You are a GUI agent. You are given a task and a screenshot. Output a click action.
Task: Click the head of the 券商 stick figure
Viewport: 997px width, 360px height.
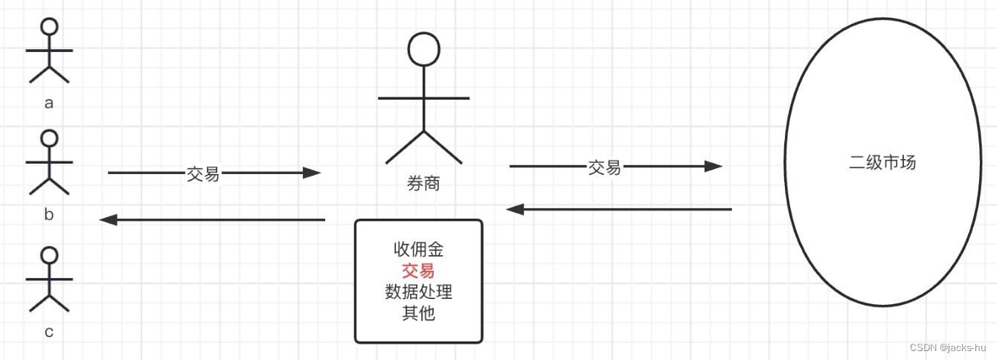(x=423, y=49)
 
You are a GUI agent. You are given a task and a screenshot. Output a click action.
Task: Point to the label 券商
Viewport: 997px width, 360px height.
(x=423, y=183)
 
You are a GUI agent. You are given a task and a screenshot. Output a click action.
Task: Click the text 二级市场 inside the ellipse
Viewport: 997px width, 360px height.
(x=882, y=162)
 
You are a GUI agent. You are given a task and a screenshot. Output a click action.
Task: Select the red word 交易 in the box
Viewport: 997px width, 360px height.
(x=418, y=271)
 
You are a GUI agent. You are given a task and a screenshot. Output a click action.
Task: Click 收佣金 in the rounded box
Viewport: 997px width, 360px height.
(x=418, y=249)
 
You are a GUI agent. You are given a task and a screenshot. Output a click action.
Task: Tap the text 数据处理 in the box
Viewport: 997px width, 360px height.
(x=418, y=292)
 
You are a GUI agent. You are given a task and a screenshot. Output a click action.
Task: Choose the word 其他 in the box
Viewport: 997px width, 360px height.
(x=418, y=313)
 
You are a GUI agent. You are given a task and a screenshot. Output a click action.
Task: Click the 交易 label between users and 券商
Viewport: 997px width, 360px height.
(x=202, y=174)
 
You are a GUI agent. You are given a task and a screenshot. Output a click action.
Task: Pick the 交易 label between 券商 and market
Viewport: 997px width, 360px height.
(x=604, y=167)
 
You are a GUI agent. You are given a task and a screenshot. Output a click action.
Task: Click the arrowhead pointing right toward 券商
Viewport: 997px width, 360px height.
(x=312, y=173)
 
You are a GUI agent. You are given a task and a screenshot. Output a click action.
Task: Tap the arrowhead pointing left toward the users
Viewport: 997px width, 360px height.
(x=109, y=219)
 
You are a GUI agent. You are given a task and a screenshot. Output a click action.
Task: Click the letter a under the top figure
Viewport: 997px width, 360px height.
(x=49, y=103)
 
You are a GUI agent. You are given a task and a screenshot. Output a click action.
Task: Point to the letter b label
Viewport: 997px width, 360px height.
(x=49, y=215)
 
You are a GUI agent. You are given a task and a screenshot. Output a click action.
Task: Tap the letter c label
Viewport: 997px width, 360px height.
(x=49, y=332)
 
